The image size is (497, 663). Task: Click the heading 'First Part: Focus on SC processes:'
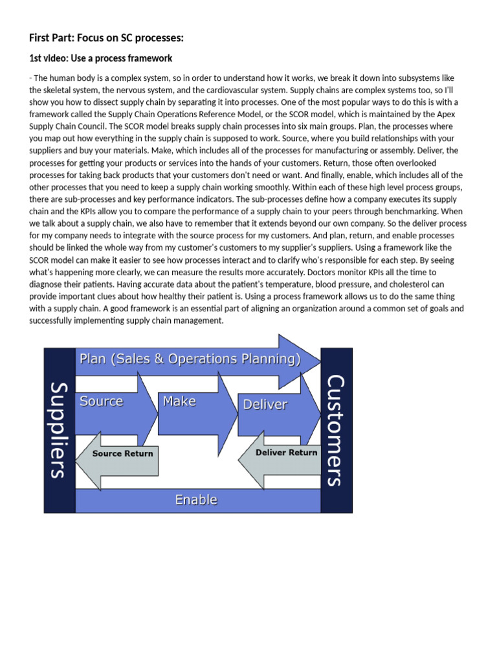(x=107, y=39)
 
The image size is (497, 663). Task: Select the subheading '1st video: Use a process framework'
(x=100, y=58)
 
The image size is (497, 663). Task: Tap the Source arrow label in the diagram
(x=101, y=401)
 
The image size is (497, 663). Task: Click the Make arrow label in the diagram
(x=179, y=401)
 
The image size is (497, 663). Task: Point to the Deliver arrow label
(x=265, y=405)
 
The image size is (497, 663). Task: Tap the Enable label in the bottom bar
(x=196, y=500)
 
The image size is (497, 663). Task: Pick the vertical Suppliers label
(x=58, y=429)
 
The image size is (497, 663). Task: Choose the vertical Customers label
(x=336, y=429)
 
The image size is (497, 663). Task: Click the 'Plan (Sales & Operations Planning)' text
(x=190, y=359)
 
